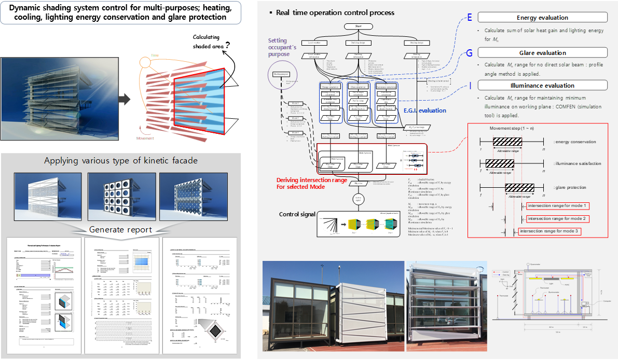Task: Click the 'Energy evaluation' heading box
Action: tap(542, 18)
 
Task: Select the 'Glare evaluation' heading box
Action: tap(542, 52)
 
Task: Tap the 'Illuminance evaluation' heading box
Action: tap(542, 86)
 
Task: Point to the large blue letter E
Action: tap(469, 18)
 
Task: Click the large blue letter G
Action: tap(469, 52)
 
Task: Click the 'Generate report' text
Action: tap(120, 229)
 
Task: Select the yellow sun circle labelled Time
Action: tap(145, 63)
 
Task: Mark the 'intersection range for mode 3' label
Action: tap(550, 231)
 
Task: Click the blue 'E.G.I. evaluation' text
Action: tap(424, 110)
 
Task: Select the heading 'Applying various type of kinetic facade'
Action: tap(120, 160)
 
